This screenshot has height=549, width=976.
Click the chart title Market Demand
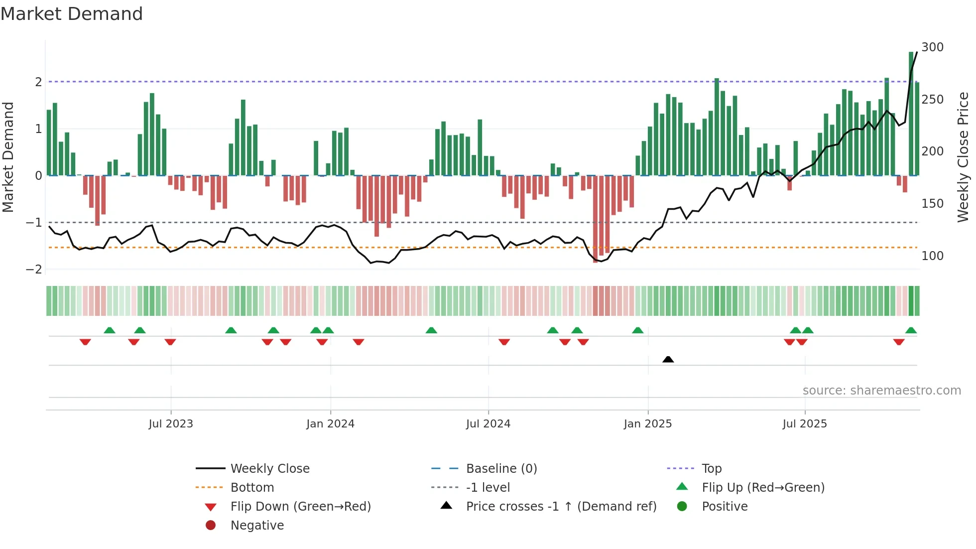72,14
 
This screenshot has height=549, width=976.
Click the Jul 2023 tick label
171,424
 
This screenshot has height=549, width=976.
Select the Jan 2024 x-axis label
330,424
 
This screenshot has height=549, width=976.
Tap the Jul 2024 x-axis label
488,424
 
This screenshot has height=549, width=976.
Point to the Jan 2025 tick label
647,424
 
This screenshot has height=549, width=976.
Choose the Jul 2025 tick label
805,424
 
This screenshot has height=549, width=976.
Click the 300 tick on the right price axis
932,47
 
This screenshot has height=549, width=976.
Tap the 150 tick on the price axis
932,204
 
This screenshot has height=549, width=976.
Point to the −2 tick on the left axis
34,270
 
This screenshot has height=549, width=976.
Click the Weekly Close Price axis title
963,157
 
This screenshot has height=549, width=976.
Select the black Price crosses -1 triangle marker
668,359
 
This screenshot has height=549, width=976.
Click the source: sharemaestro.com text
881,391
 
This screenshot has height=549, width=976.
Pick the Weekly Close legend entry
269,469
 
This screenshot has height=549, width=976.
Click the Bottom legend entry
252,488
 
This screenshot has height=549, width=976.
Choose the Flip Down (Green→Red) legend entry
300,507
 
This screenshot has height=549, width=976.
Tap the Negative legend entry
257,526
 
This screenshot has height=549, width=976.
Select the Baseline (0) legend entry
501,469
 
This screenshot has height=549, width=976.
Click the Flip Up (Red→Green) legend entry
763,488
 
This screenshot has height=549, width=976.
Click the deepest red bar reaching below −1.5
596,219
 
